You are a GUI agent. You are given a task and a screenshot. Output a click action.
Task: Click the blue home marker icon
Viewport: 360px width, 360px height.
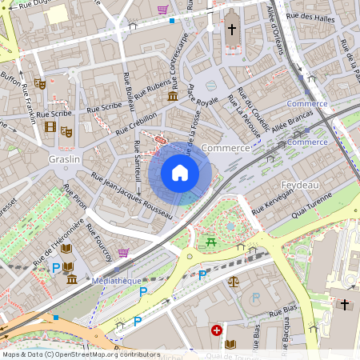pos(180,173)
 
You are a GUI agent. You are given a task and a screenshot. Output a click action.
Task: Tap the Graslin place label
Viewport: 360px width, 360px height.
pos(63,159)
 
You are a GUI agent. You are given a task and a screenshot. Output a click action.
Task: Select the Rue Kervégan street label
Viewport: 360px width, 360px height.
pos(274,200)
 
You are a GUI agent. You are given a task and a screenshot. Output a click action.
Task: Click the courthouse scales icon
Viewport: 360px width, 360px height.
pos(234,281)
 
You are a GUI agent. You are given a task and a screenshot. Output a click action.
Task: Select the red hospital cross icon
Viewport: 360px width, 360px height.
pos(216,330)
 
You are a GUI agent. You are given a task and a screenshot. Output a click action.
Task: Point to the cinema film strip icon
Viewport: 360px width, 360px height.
pos(51,126)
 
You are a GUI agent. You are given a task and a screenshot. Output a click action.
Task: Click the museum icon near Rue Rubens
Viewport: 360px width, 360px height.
pos(173,96)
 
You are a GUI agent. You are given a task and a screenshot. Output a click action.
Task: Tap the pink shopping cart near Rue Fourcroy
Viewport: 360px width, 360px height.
pos(124,252)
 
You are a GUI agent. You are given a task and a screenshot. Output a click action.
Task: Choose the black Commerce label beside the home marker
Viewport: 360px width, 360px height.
pos(226,149)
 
